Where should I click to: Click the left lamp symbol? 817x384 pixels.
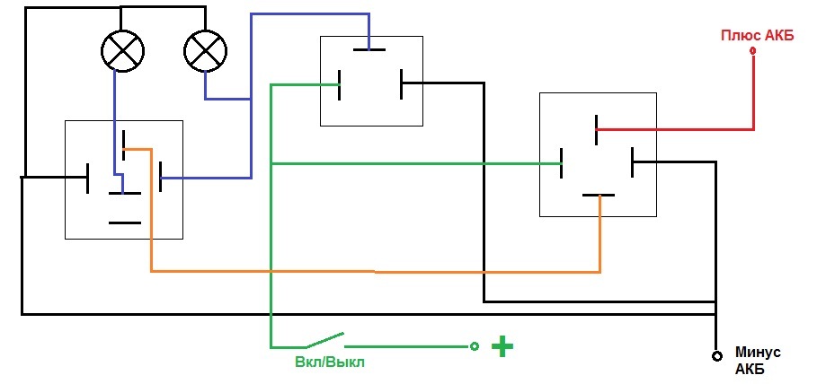[122, 50]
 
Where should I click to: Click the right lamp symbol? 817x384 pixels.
[206, 50]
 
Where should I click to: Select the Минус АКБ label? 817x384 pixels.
[758, 361]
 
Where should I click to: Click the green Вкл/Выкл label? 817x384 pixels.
[330, 362]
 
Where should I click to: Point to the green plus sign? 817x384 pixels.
[502, 346]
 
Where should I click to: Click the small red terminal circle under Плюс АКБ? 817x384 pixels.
[752, 51]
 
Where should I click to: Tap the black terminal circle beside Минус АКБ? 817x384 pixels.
[717, 356]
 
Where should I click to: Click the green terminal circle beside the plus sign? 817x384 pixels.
[475, 346]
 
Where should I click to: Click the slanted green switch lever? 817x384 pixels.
[324, 340]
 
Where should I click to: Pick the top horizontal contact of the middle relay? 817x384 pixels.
[369, 50]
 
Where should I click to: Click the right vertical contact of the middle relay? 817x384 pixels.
[402, 83]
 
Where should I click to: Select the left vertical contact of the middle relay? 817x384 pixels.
[340, 85]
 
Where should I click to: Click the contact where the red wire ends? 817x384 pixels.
[597, 129]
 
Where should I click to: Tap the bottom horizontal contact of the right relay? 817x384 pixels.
[599, 195]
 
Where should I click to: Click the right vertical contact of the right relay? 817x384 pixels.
[632, 162]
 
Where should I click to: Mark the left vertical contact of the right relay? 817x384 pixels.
[562, 163]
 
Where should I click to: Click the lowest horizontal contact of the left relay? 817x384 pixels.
[125, 223]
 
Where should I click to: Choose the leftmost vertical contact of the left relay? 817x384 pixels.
[88, 178]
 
